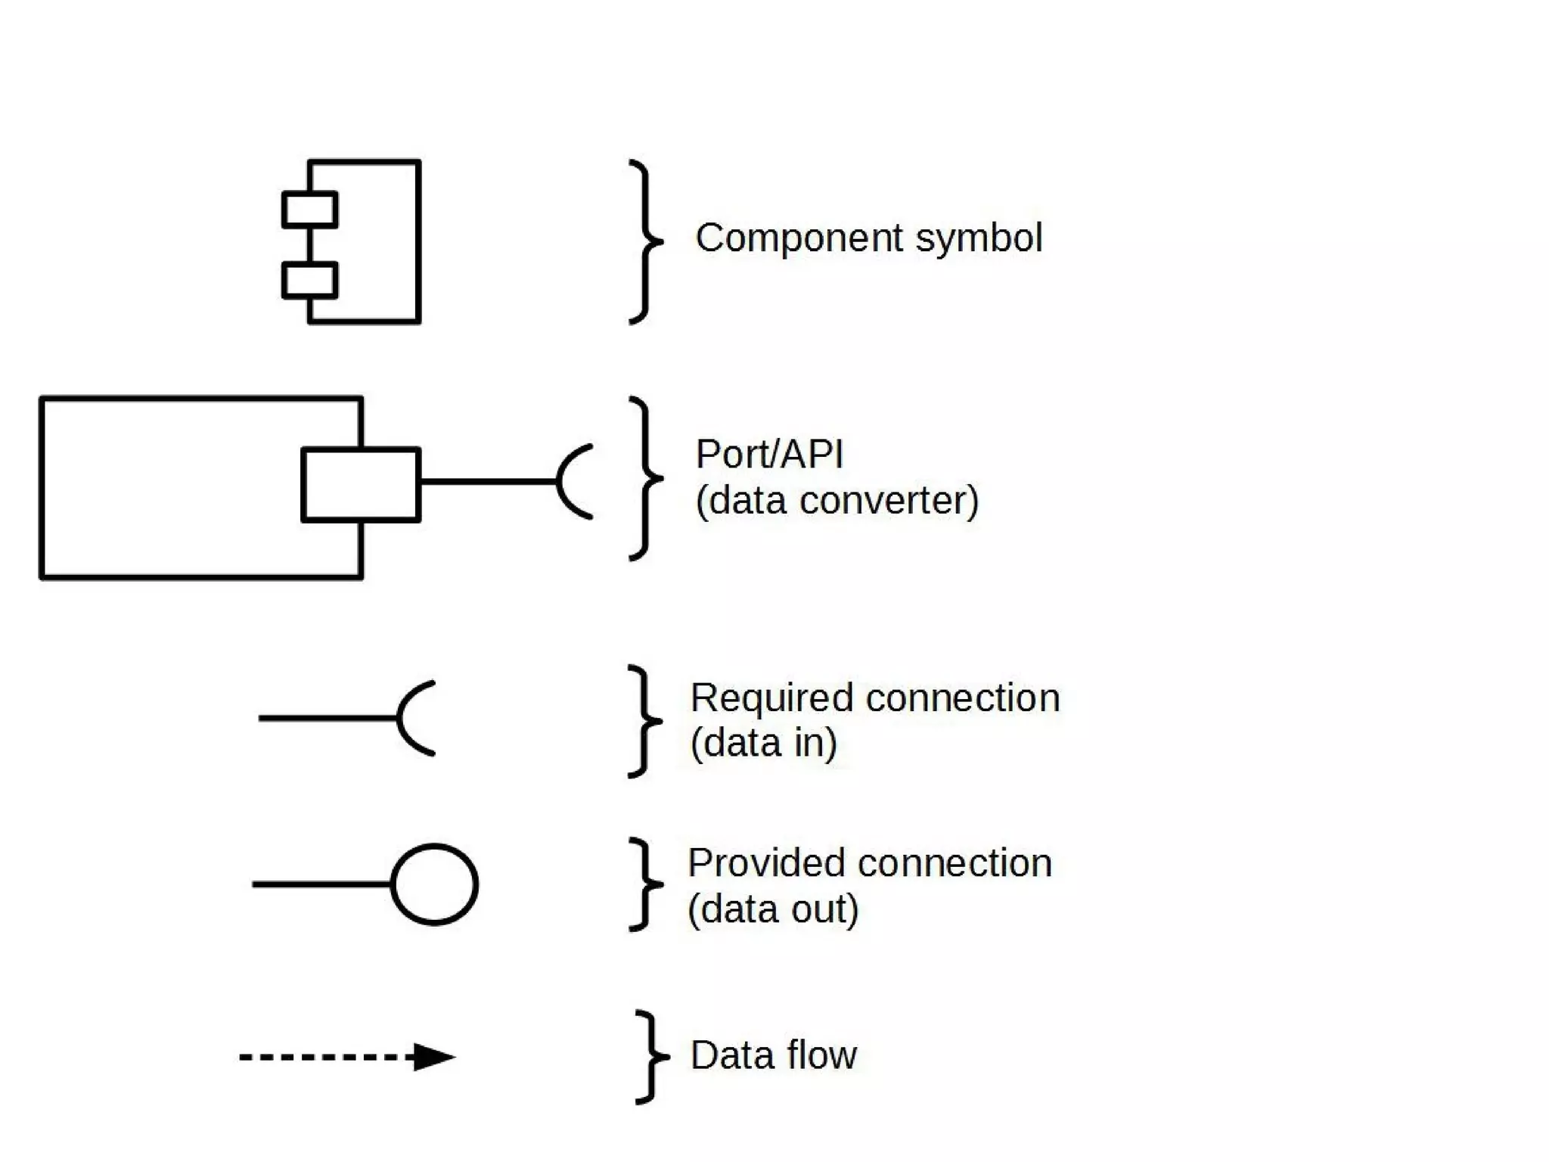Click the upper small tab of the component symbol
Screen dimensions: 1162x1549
[x=309, y=210]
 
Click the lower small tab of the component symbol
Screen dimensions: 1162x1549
[x=309, y=280]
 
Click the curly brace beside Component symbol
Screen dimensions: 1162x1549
[x=645, y=242]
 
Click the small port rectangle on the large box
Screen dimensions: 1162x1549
[x=361, y=484]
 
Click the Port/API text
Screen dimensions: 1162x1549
[x=768, y=455]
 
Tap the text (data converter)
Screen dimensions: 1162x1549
[x=837, y=501]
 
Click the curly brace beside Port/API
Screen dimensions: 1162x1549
[x=645, y=478]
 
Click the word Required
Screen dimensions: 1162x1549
[x=771, y=698]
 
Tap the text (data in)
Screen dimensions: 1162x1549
[x=763, y=743]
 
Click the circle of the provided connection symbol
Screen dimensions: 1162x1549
[x=434, y=884]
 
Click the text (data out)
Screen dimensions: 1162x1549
[x=773, y=909]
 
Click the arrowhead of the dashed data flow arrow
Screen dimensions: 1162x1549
[x=433, y=1057]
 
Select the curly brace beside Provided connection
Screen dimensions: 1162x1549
[x=645, y=884]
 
